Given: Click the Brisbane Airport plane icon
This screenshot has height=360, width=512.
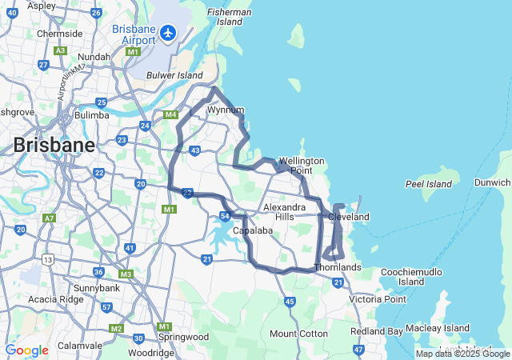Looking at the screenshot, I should (168, 33).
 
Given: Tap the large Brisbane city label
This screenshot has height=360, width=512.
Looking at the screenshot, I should (54, 146).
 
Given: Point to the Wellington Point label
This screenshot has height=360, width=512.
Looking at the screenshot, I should (302, 166).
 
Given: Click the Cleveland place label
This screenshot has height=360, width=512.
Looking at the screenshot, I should (349, 217).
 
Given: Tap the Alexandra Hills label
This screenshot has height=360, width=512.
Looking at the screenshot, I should (285, 211).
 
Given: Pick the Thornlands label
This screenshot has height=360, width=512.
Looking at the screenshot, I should (338, 266).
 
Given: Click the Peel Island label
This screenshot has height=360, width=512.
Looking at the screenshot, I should (429, 184).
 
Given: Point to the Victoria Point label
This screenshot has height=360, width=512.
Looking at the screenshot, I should (378, 299).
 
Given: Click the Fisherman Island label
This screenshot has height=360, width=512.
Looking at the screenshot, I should (230, 17).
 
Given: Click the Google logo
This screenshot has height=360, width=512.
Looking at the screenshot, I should (26, 350).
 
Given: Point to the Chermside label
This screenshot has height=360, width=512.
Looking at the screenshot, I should (60, 34).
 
